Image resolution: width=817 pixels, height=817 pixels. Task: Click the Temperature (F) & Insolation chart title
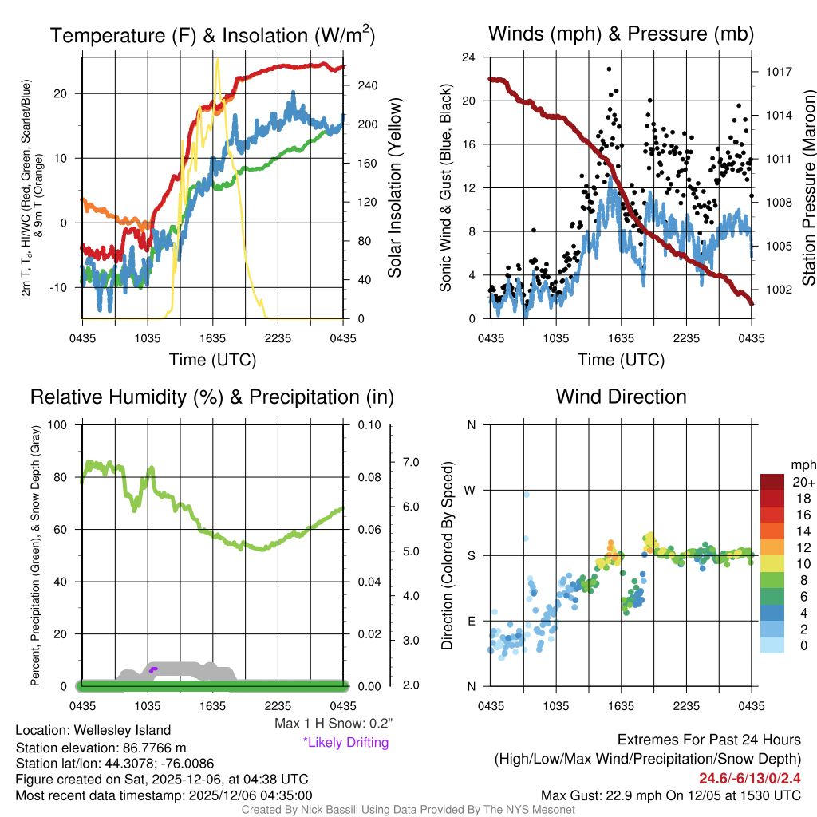pyautogui.click(x=212, y=35)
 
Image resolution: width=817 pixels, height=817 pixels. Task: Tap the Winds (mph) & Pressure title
pyautogui.click(x=621, y=34)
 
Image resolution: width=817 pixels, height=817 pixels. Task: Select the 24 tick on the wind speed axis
pyautogui.click(x=469, y=57)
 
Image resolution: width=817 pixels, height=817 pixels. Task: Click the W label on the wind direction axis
pyautogui.click(x=471, y=490)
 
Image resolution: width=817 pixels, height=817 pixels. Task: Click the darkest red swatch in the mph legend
pyautogui.click(x=773, y=482)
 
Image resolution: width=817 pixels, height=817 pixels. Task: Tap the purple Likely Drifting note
pyautogui.click(x=345, y=743)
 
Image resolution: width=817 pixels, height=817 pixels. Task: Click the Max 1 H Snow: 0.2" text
pyautogui.click(x=334, y=724)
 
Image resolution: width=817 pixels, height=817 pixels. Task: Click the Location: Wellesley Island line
pyautogui.click(x=93, y=730)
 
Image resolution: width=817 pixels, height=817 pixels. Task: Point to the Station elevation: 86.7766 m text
pyautogui.click(x=101, y=747)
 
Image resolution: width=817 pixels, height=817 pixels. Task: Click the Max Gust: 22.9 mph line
pyautogui.click(x=670, y=795)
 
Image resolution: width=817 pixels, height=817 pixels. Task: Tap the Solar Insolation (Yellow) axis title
pyautogui.click(x=394, y=187)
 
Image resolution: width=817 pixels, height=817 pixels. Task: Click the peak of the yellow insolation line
pyautogui.click(x=217, y=60)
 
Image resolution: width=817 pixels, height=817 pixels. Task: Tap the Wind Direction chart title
pyautogui.click(x=621, y=397)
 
